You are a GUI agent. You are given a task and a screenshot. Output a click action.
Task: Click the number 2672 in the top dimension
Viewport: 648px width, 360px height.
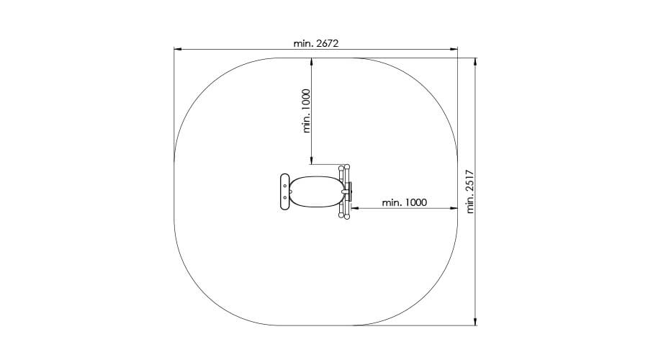point(328,43)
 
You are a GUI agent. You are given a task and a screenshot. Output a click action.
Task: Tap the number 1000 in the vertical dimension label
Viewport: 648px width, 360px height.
point(306,100)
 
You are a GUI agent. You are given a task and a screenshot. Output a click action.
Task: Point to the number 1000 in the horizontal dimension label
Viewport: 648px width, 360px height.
point(415,202)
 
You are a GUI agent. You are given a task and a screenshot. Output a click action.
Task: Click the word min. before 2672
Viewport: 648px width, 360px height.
point(304,43)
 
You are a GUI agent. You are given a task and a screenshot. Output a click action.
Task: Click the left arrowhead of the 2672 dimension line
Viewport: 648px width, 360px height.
point(178,50)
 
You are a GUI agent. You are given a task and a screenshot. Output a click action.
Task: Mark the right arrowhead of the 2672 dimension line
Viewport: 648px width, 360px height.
point(454,50)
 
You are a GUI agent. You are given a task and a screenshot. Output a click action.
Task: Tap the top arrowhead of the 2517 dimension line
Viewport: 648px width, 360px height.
point(475,62)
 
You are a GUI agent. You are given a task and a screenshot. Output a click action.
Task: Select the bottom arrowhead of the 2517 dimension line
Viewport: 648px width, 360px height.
point(475,322)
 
